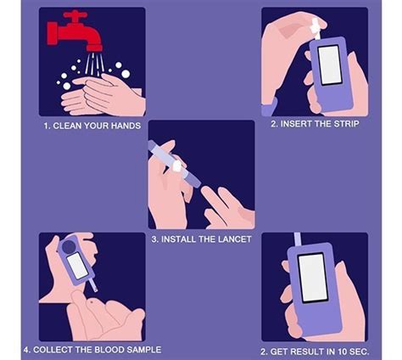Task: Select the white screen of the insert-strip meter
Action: pyautogui.click(x=329, y=65)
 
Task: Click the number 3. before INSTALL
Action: pyautogui.click(x=155, y=239)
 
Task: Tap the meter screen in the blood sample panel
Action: pyautogui.click(x=75, y=265)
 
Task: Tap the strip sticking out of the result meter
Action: pyautogui.click(x=298, y=239)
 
